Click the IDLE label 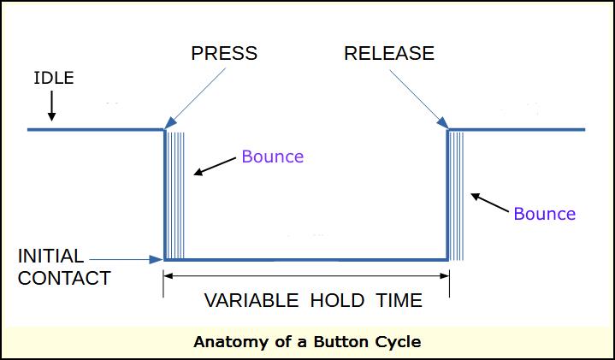tap(53, 79)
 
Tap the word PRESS tap(224, 53)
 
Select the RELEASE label tap(389, 53)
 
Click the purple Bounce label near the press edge tap(272, 156)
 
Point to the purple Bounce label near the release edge tap(544, 214)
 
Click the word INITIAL tap(50, 256)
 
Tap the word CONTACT tap(64, 278)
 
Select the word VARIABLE tap(251, 300)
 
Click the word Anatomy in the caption tap(228, 342)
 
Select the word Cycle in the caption tap(399, 342)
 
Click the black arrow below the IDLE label tap(51, 105)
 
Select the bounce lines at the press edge tap(174, 192)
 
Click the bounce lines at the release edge tap(457, 192)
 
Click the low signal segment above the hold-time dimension tap(306, 258)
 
